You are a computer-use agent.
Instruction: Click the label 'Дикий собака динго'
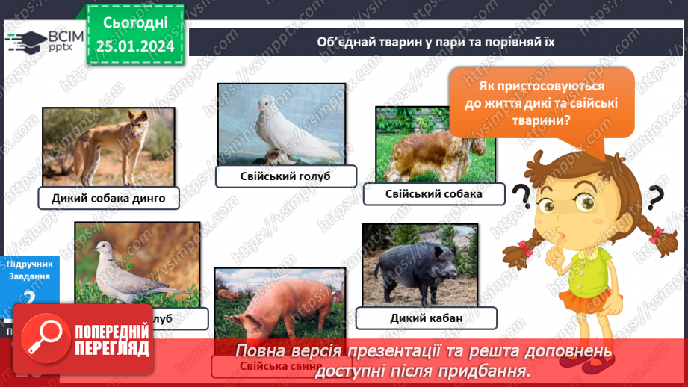(108, 198)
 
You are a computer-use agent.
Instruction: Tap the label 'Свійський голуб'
(285, 176)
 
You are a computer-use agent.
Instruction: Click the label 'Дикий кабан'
(427, 318)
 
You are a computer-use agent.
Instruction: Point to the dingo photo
(108, 145)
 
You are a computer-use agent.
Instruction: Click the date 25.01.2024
(134, 47)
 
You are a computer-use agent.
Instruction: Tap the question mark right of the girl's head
(654, 199)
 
